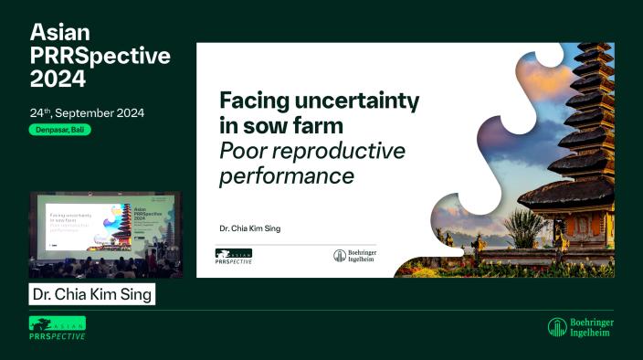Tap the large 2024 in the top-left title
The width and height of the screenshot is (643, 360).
[x=58, y=79]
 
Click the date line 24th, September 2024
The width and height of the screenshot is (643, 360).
[x=87, y=113]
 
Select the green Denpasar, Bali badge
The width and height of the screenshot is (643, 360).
[x=59, y=130]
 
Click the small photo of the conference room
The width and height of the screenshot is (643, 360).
[x=105, y=234]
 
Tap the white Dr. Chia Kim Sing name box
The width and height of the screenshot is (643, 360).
[x=91, y=294]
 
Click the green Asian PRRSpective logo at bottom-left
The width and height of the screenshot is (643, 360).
[x=58, y=328]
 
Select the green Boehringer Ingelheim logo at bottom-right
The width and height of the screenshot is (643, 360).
[x=581, y=327]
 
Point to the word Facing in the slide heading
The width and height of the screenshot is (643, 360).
[x=251, y=101]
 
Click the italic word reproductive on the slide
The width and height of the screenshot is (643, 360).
[x=351, y=150]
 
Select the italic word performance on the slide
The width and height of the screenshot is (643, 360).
[x=286, y=174]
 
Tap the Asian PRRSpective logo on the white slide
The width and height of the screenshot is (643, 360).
[x=234, y=257]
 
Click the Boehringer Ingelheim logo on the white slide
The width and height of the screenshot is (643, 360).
[x=355, y=257]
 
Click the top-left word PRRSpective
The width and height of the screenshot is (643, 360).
[x=100, y=55]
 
